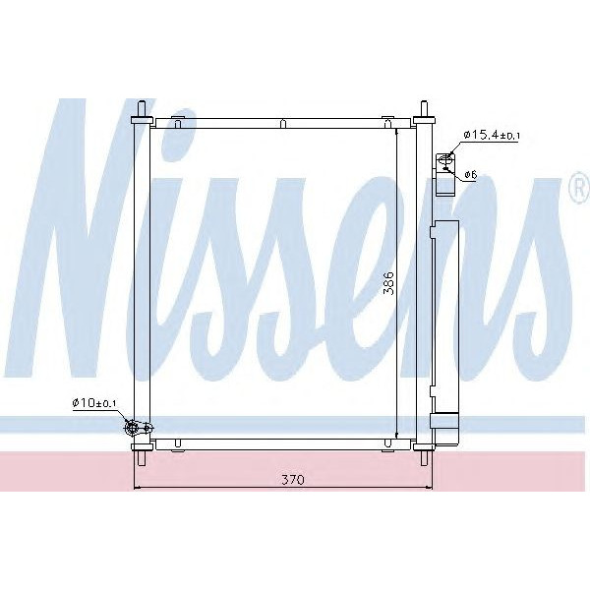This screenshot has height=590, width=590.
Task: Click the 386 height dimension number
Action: [388, 281]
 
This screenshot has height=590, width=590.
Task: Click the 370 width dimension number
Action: [291, 480]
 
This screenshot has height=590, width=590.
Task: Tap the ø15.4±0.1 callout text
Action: [492, 135]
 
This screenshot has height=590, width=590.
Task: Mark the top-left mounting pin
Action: [142, 109]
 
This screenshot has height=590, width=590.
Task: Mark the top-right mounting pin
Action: [425, 109]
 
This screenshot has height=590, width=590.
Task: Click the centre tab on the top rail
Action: [282, 123]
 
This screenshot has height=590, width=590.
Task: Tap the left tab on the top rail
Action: [178, 122]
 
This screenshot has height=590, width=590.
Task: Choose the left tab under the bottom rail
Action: [178, 444]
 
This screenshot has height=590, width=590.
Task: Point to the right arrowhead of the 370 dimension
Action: [424, 488]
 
